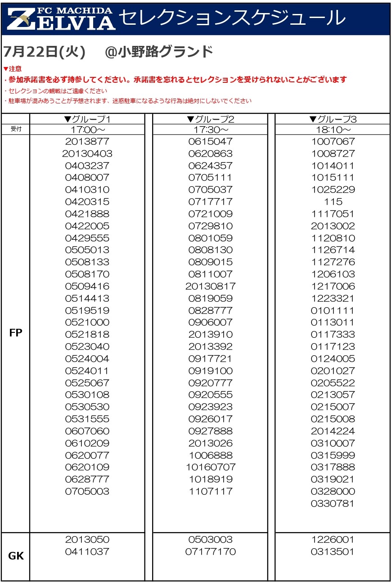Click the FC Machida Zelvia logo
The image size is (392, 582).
tap(61, 18)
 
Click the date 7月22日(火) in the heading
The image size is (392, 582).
tap(44, 52)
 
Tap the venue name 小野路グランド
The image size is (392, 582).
tap(165, 52)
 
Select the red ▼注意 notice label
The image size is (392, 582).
tap(12, 69)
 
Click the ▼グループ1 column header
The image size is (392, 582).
tap(87, 119)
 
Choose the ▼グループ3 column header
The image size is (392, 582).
tap(333, 119)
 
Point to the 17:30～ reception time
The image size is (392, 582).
tap(210, 130)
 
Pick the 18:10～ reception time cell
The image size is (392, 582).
tap(333, 130)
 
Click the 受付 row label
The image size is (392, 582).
tap(16, 129)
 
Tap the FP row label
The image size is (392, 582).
tap(16, 333)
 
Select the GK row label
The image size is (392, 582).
tap(16, 556)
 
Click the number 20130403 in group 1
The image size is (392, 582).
tap(87, 153)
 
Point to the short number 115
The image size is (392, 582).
tap(333, 201)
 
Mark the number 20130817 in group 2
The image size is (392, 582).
tap(210, 286)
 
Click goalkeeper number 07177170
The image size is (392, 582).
tap(210, 551)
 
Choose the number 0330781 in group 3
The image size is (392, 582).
tap(333, 503)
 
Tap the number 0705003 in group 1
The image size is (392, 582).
tap(87, 491)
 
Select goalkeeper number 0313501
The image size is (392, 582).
tap(333, 551)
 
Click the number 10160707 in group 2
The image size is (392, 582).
tap(210, 467)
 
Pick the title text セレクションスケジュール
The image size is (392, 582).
tap(232, 18)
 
